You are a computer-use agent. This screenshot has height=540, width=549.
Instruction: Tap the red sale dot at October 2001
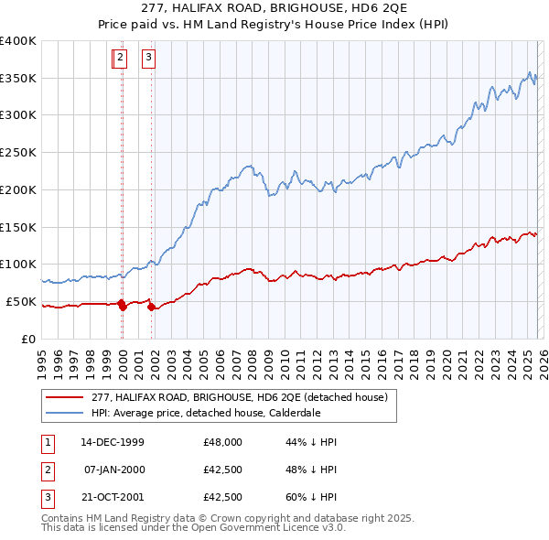point(151,308)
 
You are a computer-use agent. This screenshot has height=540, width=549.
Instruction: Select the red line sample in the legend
point(65,397)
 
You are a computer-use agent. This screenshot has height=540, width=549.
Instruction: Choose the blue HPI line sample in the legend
point(65,413)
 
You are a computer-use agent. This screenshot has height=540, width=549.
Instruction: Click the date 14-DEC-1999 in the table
point(112,442)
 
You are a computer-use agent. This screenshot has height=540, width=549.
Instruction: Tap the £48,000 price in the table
point(223,442)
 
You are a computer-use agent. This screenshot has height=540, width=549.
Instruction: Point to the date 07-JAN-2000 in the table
point(113,470)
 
